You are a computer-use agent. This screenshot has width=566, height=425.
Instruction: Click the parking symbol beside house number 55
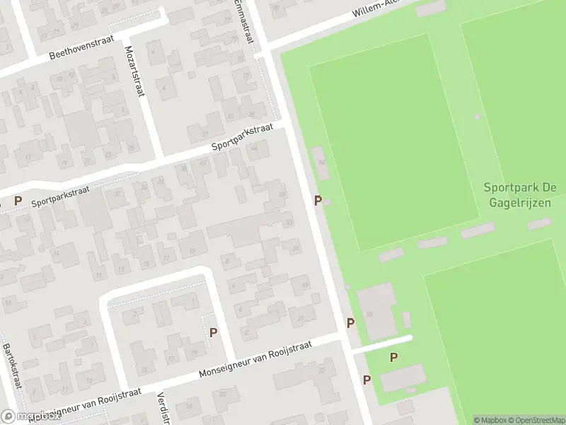(x=318, y=201)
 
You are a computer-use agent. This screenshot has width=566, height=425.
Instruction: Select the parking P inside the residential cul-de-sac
(x=213, y=331)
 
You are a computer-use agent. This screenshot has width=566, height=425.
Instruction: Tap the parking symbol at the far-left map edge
(x=18, y=201)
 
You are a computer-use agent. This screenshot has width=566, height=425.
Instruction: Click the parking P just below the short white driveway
(x=393, y=358)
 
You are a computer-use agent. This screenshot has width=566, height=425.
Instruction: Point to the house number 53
(x=289, y=223)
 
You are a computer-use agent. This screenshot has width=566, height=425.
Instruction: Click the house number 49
(x=305, y=285)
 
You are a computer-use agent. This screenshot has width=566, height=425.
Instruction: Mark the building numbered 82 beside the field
(x=322, y=162)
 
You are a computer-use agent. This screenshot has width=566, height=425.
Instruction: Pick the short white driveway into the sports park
(x=382, y=344)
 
